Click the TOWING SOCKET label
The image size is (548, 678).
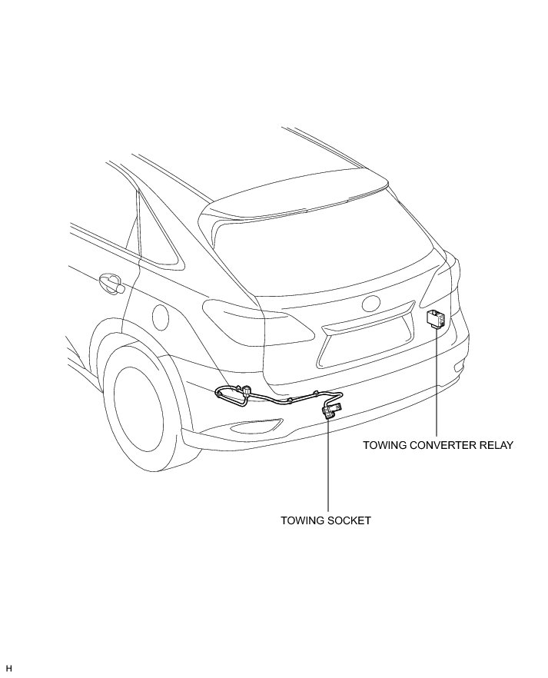point(326,520)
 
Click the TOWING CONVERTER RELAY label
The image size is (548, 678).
point(437,444)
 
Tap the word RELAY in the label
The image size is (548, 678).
point(496,444)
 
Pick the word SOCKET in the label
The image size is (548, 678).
point(349,520)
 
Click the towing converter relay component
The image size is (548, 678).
point(438,318)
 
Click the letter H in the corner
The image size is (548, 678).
point(9,668)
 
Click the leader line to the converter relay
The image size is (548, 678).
point(437,384)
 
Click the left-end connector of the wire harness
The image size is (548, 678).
point(223,395)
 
